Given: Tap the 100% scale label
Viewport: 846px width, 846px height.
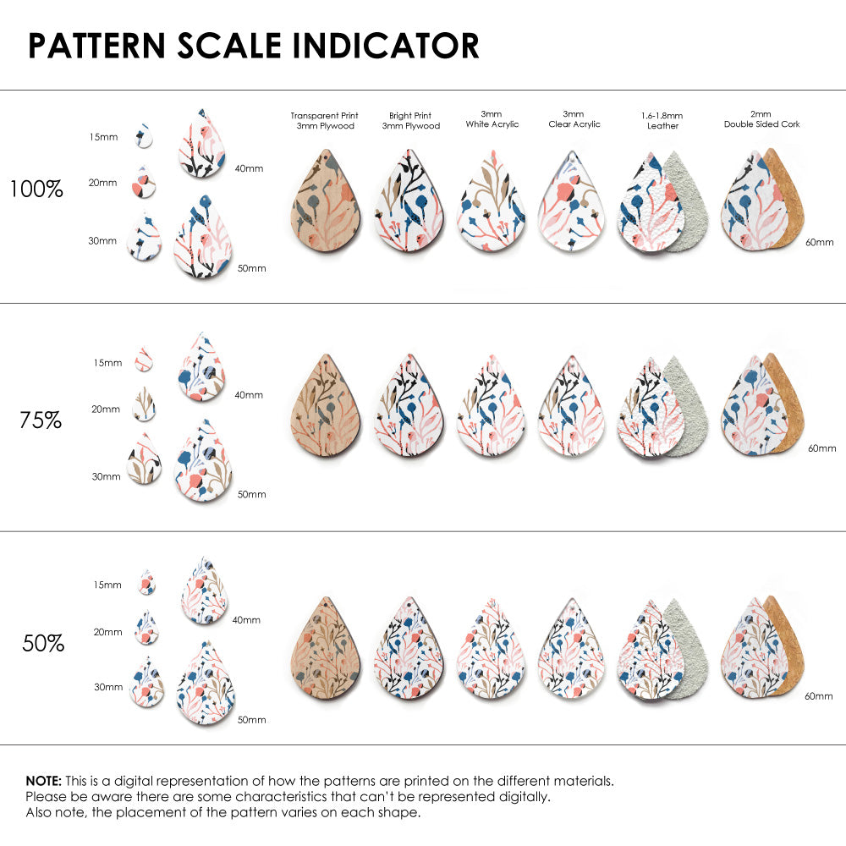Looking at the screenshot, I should (x=36, y=190).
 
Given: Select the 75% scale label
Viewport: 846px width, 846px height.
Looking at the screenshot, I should (x=41, y=420).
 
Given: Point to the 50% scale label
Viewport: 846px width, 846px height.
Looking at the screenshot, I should (x=42, y=644).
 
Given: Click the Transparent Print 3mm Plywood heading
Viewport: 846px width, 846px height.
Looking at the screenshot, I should (x=324, y=120).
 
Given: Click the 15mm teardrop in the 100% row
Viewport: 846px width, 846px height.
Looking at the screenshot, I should (x=143, y=135).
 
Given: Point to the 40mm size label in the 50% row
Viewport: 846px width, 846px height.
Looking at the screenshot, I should (x=246, y=620).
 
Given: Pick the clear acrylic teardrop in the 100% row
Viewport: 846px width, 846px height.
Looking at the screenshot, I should (x=574, y=201).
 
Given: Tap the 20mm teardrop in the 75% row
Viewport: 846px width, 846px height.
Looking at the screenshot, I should (x=144, y=404).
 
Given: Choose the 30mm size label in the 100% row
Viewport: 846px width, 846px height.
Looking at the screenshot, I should (x=102, y=241).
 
